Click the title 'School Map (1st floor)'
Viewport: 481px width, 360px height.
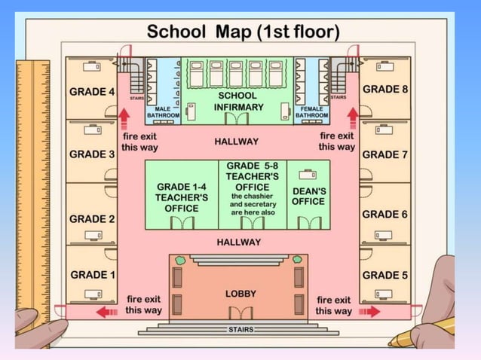pos(243,32)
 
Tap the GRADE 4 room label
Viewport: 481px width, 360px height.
pos(92,92)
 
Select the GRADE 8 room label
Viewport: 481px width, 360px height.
pos(385,89)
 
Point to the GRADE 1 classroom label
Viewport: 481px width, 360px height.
pos(92,275)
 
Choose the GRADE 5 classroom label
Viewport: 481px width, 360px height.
pos(385,275)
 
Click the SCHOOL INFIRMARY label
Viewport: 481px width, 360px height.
pos(238,102)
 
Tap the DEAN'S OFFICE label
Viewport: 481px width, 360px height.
pos(308,197)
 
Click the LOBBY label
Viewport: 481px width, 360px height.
pos(241,293)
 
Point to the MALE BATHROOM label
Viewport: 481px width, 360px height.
pos(162,112)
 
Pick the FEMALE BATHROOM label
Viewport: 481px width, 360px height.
pos(311,112)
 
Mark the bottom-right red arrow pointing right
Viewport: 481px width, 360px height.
pos(369,310)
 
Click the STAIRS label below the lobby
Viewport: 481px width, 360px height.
pos(241,330)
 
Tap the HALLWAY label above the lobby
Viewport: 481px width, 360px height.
pos(239,242)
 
